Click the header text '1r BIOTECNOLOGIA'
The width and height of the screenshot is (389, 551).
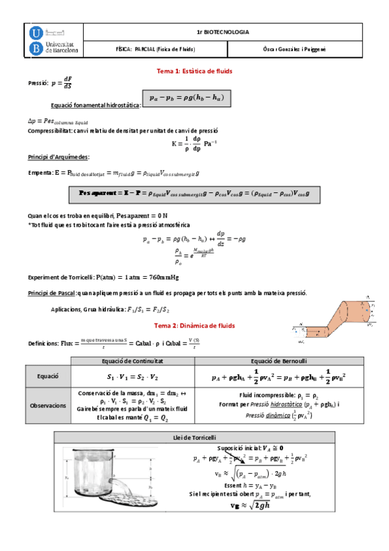[222, 32]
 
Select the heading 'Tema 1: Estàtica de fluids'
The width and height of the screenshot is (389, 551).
[195, 71]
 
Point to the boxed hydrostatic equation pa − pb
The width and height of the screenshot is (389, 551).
[186, 97]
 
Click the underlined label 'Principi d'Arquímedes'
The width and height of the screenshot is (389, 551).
[58, 157]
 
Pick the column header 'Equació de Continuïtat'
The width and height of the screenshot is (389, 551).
[132, 361]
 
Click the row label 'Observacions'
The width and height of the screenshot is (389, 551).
[48, 404]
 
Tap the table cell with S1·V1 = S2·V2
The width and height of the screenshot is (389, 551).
[132, 376]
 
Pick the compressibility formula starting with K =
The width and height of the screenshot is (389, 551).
[195, 142]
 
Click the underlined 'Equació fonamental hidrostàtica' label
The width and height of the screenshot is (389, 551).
[95, 105]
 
